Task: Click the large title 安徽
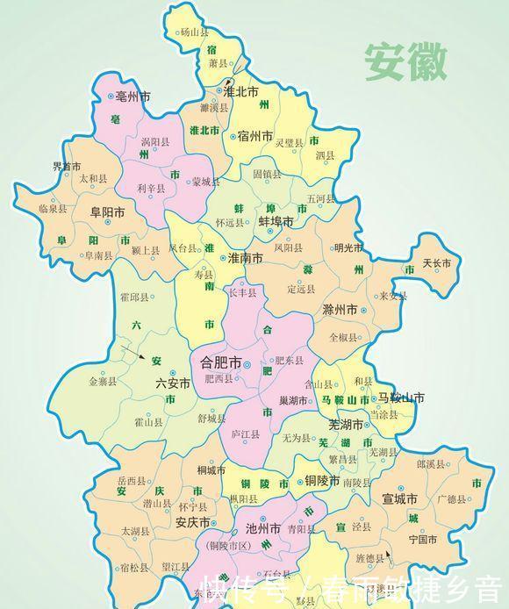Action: (406, 61)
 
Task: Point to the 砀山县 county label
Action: (195, 32)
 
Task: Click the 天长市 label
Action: (436, 263)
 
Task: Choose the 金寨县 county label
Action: (104, 382)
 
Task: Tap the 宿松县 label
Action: (134, 567)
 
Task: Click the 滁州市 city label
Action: (340, 311)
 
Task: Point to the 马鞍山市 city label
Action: (401, 398)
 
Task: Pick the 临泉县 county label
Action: (53, 209)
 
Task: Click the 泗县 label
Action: (325, 155)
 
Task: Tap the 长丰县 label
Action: (243, 292)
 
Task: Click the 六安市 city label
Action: (172, 383)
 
